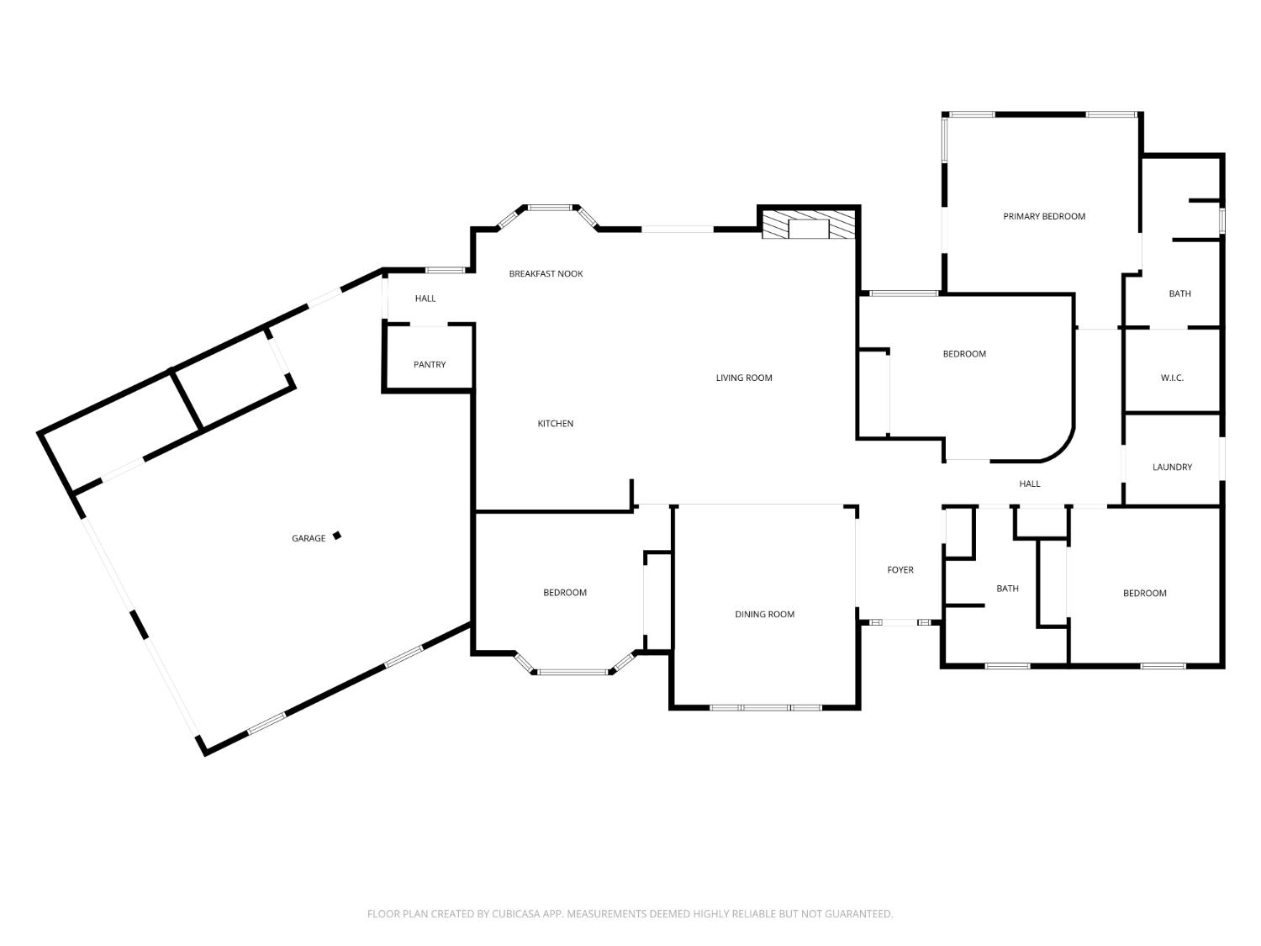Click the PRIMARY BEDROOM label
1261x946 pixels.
(x=1044, y=217)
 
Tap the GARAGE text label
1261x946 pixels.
(x=309, y=538)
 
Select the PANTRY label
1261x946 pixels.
(x=429, y=365)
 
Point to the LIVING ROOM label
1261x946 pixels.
(x=744, y=378)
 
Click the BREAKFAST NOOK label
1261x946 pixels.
(x=546, y=274)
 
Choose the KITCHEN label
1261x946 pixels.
(x=555, y=424)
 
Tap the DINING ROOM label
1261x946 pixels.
(x=765, y=615)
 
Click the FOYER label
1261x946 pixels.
(x=900, y=570)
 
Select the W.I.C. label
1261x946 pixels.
(x=1172, y=378)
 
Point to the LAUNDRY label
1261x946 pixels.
(x=1172, y=467)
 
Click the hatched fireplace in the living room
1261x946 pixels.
(x=809, y=224)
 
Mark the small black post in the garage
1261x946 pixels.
(x=337, y=536)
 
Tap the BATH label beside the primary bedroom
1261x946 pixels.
(x=1179, y=294)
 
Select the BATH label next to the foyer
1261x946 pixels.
(x=1007, y=589)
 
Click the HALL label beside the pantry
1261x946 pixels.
(x=425, y=299)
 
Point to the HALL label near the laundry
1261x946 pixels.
(x=1030, y=484)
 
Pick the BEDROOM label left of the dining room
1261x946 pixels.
(x=565, y=593)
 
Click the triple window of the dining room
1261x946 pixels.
(x=765, y=708)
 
